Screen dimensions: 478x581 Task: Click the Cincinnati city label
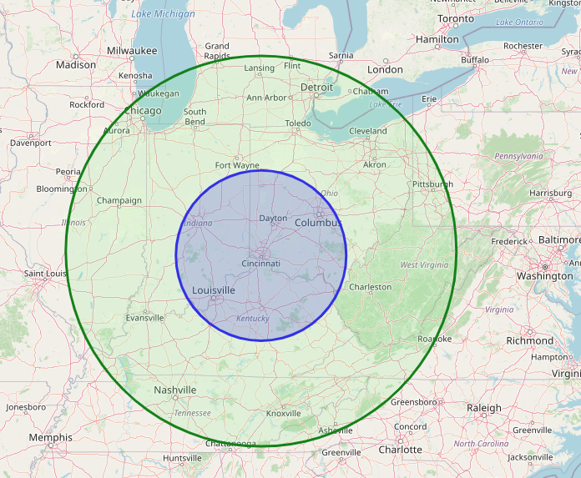coord(260,264)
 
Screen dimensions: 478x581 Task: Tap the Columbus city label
coord(318,223)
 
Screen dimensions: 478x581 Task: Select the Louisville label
coord(214,290)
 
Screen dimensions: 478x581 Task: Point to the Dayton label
coord(273,219)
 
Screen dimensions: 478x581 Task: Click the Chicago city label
coord(143,111)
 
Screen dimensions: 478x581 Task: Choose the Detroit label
coord(316,87)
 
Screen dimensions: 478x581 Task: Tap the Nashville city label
coord(175,390)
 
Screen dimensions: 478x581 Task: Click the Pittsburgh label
coord(432,184)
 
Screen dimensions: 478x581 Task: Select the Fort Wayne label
coord(237,165)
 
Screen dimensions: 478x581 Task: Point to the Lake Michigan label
coord(164,14)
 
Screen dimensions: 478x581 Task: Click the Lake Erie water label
coord(385,104)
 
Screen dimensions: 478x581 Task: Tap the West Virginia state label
coord(424,265)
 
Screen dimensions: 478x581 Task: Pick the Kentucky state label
coord(253,319)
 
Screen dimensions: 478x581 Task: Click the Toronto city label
coord(456,18)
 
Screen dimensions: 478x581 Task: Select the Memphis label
coord(50,437)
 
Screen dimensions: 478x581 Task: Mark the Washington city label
coord(544,276)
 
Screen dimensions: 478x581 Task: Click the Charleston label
coord(370,287)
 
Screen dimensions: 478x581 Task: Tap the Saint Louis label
coord(45,274)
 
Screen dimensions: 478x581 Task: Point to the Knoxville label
coord(283,414)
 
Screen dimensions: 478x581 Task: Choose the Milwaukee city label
coord(132,51)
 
